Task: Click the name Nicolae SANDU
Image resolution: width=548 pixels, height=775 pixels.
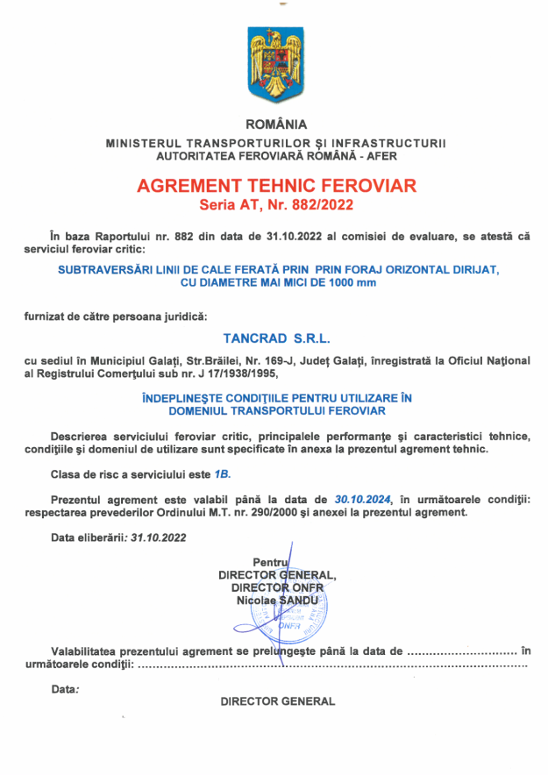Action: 276,600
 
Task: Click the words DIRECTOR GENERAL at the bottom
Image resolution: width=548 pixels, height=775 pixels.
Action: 277,701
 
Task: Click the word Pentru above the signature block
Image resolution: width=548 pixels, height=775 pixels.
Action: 270,562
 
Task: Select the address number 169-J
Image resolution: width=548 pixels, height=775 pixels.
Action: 317,360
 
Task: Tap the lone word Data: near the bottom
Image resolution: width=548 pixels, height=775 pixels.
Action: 65,689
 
